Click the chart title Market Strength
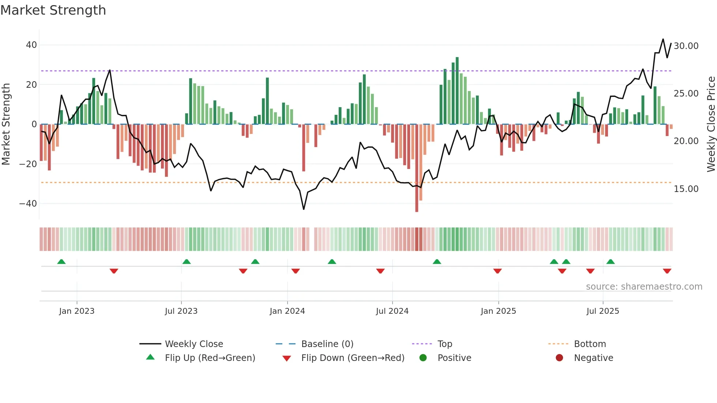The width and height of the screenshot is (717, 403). tap(53, 10)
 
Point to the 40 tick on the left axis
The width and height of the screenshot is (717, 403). tap(31, 45)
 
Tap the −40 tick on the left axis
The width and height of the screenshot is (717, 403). tap(28, 203)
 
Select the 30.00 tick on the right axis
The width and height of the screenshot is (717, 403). tap(686, 46)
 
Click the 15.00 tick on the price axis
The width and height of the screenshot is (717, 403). tap(686, 189)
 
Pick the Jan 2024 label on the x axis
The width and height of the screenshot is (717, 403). tap(287, 311)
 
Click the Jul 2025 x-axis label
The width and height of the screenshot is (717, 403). tap(602, 311)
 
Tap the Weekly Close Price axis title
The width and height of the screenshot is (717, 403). tap(711, 124)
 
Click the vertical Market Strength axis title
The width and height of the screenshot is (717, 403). tap(6, 124)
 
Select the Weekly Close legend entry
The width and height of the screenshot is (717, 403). tap(194, 344)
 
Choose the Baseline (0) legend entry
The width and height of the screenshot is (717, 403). tap(327, 344)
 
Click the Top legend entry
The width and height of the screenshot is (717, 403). tap(444, 344)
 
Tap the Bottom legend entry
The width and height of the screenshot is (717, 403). tap(590, 344)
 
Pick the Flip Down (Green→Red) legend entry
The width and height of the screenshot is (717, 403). tap(352, 358)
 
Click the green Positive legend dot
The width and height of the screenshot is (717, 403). tap(423, 358)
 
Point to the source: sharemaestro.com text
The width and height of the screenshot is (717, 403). tap(644, 287)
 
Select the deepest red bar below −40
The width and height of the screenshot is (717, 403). tap(417, 168)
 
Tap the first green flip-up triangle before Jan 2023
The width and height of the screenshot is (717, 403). tap(61, 262)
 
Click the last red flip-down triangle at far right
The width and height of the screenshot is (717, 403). tap(667, 271)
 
